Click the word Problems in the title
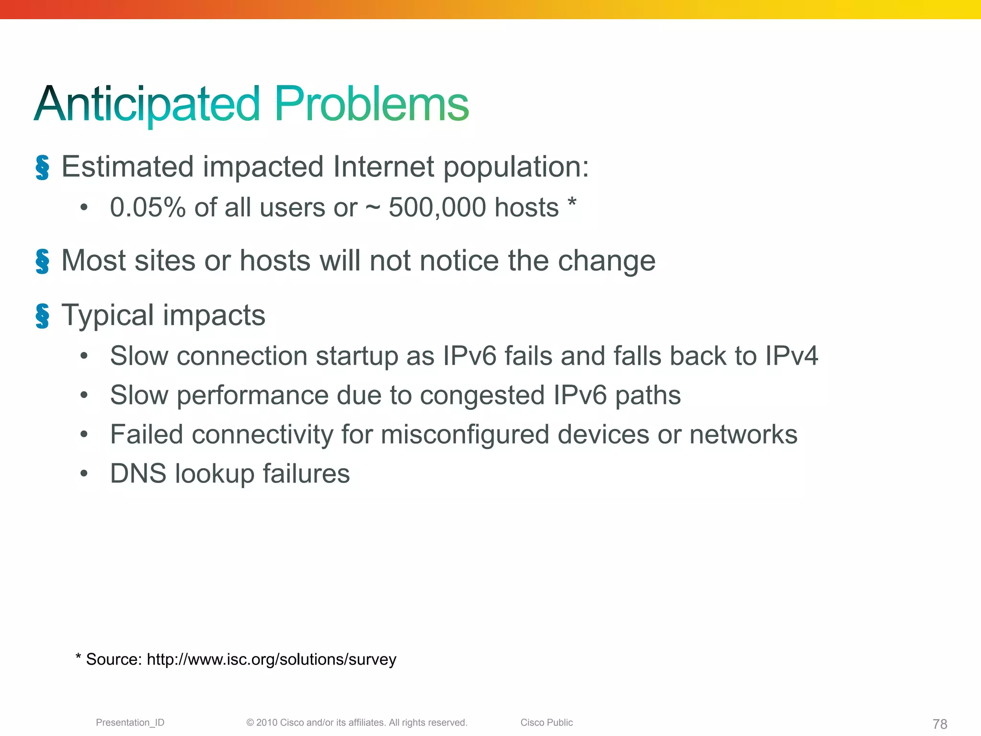tap(371, 104)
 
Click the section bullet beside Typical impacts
tap(42, 316)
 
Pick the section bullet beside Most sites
tap(42, 262)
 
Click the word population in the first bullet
tap(515, 168)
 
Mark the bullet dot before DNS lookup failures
tap(84, 474)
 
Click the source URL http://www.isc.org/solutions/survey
tap(271, 660)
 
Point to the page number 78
tap(940, 724)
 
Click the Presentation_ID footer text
tap(130, 723)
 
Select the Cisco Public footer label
tap(547, 723)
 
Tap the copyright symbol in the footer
tap(250, 723)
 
